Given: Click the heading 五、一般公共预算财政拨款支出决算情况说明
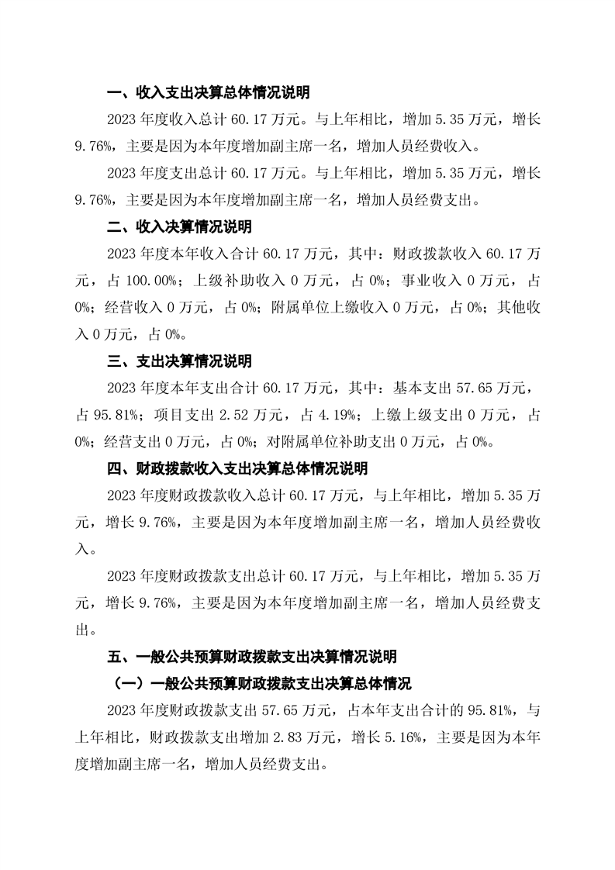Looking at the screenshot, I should [252, 657].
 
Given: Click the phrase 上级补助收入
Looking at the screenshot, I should [230, 281].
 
